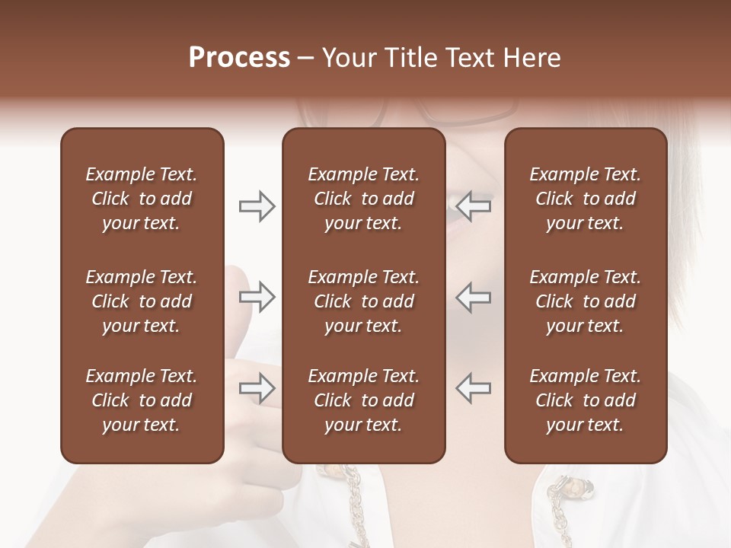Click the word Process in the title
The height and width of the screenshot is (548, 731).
click(239, 58)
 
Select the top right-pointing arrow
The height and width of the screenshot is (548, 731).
click(257, 205)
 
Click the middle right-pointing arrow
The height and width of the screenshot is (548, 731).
click(257, 297)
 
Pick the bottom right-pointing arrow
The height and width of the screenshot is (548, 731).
click(257, 388)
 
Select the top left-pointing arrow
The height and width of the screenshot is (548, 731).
click(474, 205)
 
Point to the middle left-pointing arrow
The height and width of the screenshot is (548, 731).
click(474, 297)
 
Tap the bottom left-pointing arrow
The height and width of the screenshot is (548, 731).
click(474, 388)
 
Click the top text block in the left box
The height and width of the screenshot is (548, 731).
click(142, 199)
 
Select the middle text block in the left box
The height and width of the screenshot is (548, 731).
click(142, 301)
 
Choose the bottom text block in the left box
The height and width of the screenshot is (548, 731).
click(142, 400)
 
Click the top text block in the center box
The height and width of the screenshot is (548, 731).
click(363, 199)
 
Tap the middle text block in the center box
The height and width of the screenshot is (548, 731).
click(363, 301)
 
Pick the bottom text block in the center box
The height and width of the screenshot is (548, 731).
click(363, 400)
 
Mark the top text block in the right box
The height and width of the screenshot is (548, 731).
click(585, 199)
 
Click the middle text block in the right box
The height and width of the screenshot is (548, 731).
click(585, 301)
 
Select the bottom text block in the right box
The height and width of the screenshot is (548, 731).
click(585, 400)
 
